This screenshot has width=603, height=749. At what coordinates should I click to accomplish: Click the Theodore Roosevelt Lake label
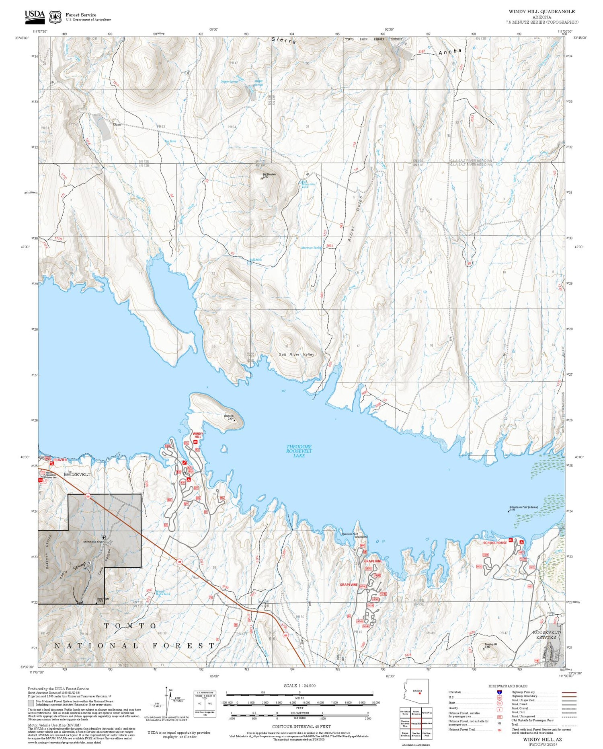point(299,451)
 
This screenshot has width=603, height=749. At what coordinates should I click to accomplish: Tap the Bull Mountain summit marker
point(262,178)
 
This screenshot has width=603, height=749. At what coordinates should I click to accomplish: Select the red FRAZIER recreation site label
point(60,459)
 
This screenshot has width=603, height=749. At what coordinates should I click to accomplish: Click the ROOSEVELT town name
point(77,474)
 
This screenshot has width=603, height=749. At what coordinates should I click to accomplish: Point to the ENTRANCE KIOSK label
point(94,541)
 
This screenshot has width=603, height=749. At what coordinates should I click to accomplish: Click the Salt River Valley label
point(296,354)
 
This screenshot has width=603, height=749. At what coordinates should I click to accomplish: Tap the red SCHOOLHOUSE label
point(495,543)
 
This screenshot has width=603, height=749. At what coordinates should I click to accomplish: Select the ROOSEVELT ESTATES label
point(546,635)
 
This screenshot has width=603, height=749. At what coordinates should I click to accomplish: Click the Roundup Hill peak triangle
point(484,648)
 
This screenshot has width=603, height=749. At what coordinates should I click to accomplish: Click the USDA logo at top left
point(35,16)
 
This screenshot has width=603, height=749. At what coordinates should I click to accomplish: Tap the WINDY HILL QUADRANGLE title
point(541,12)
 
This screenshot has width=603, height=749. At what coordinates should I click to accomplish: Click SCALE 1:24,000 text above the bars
point(299,685)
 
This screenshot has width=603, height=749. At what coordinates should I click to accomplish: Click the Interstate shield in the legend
point(499,692)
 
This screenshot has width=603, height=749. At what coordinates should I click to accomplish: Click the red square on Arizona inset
point(420,693)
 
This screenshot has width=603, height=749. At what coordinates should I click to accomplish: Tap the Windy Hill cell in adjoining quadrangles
point(416,723)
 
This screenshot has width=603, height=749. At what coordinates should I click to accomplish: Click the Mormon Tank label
point(311,248)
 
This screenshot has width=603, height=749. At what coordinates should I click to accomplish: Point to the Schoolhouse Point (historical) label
point(523,507)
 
